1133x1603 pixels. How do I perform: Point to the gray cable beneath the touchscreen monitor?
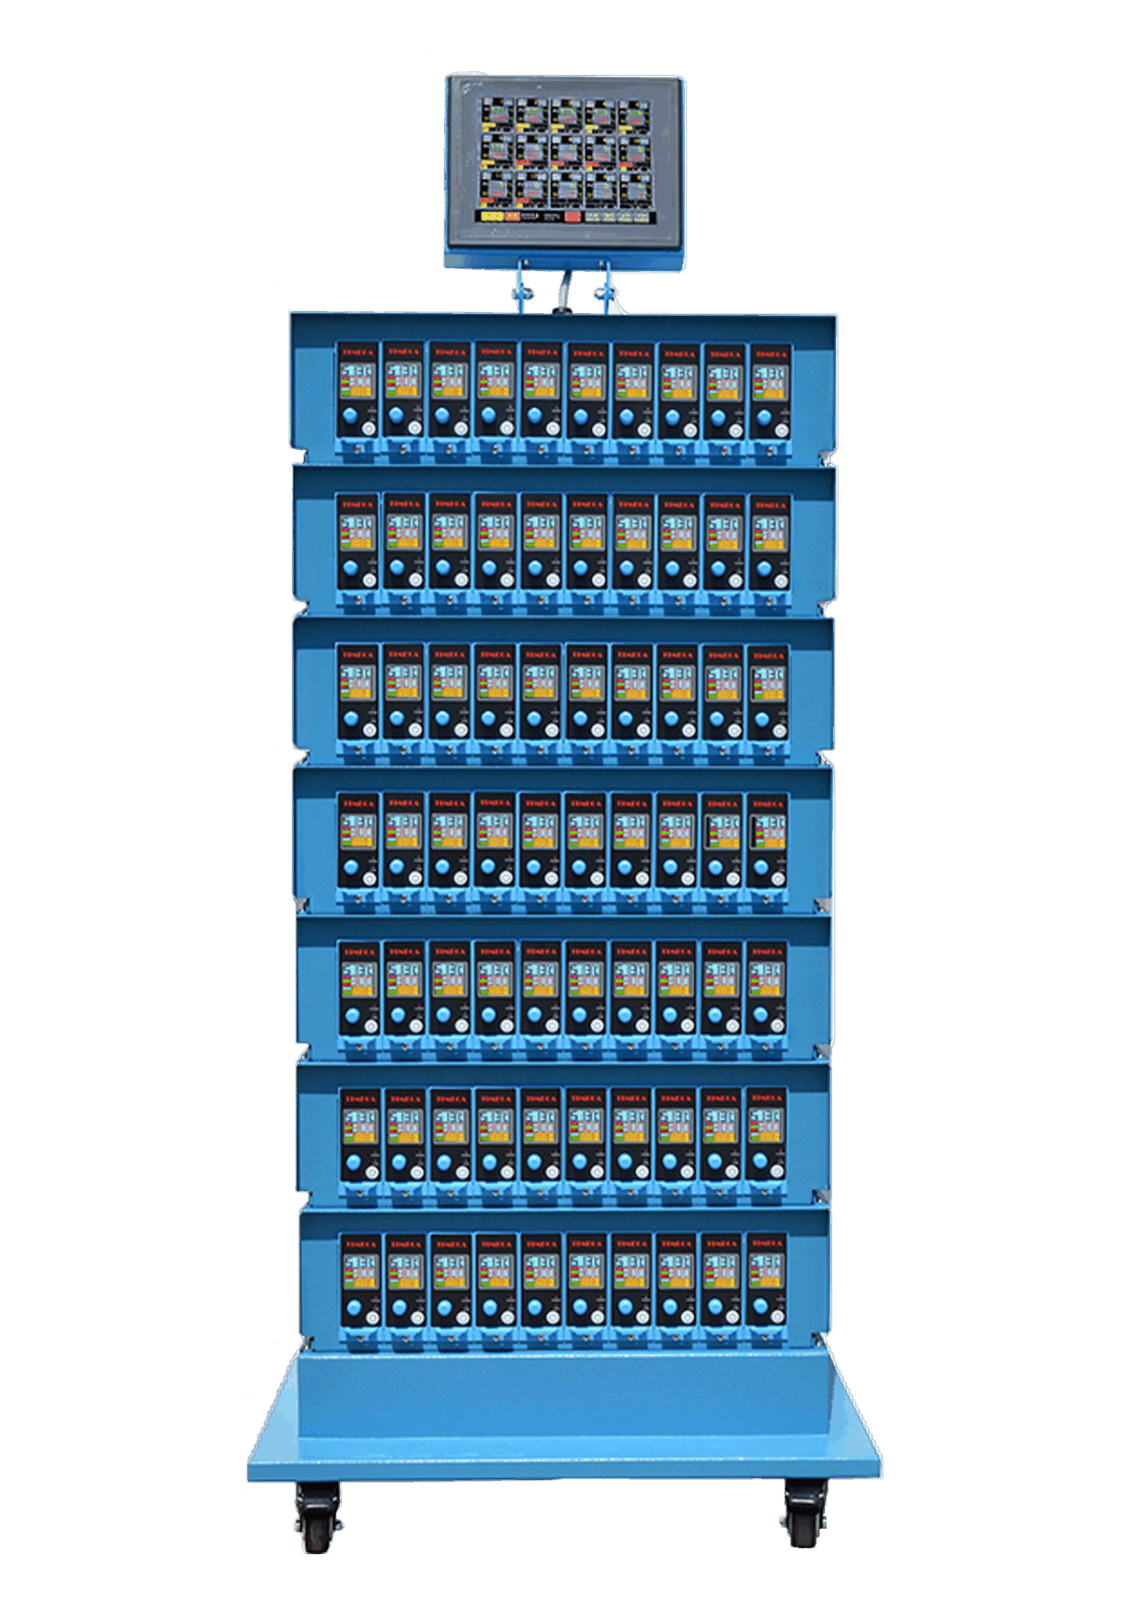pyautogui.click(x=562, y=293)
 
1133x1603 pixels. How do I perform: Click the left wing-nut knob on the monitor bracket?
pyautogui.click(x=522, y=292)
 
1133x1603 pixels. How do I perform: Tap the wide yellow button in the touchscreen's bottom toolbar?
pyautogui.click(x=492, y=217)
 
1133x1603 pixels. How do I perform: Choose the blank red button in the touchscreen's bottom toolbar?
pyautogui.click(x=572, y=217)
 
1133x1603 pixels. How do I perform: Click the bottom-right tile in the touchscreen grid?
pyautogui.click(x=635, y=187)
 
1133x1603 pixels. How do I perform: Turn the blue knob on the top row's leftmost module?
pyautogui.click(x=350, y=417)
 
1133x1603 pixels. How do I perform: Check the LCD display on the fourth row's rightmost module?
pyautogui.click(x=768, y=832)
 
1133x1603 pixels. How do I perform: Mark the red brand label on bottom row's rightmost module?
pyautogui.click(x=767, y=1244)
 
